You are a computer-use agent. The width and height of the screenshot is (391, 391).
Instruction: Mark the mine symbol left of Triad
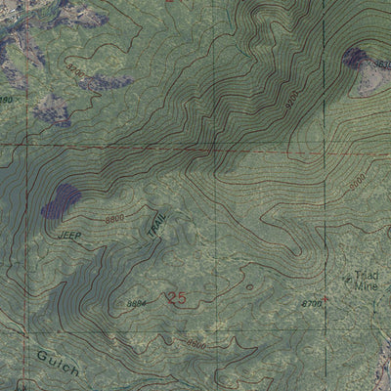[x=349, y=281]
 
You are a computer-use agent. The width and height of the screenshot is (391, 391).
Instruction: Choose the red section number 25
[x=176, y=298]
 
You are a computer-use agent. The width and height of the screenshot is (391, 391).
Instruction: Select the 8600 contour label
[x=196, y=343]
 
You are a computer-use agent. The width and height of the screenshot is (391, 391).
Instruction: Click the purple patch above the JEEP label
[x=62, y=200]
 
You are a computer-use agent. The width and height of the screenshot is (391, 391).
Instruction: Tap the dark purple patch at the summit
[x=354, y=59]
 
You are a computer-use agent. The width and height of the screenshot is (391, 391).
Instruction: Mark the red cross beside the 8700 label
[x=326, y=301]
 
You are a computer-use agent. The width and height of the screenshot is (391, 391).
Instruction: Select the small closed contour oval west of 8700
[x=249, y=287]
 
